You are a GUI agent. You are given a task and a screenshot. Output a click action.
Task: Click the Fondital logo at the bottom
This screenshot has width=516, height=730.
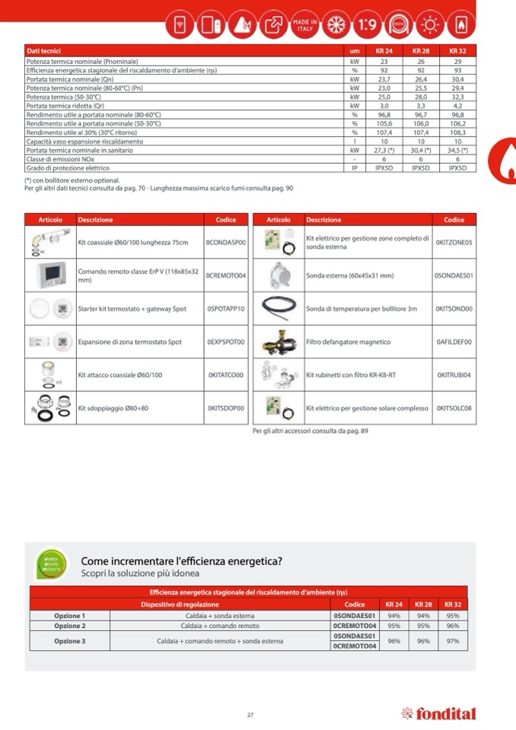pos(438,714)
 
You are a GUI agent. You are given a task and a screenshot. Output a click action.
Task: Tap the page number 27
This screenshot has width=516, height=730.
pos(250,715)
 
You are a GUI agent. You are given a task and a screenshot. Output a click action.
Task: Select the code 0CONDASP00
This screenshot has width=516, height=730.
pos(226,242)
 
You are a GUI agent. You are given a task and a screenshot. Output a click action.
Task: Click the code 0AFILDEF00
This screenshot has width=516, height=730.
pos(454,342)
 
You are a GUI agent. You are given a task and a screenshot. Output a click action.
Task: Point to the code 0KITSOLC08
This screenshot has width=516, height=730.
pos(454,409)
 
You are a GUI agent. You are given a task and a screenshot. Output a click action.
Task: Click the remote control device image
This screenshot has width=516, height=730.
pos(50,275)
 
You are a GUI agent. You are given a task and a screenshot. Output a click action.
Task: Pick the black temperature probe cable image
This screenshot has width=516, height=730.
pos(278,308)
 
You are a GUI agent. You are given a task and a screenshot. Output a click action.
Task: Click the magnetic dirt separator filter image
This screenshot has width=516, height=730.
pos(278,342)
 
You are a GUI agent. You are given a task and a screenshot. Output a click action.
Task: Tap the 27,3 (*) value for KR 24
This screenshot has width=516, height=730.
pos(384,150)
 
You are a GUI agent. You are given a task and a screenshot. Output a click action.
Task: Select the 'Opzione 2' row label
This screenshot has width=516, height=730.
pos(69,626)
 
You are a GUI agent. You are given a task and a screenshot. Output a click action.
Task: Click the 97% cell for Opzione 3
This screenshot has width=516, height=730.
pos(453,641)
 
